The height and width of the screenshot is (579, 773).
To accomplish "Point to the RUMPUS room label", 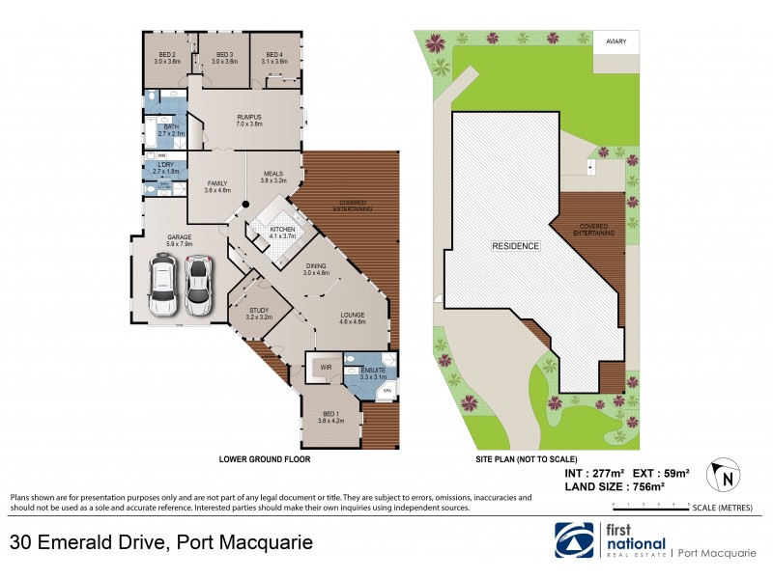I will pyautogui.click(x=249, y=119).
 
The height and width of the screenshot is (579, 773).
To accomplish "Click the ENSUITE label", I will pyautogui.click(x=373, y=369).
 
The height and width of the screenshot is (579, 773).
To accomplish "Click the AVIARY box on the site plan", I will pyautogui.click(x=615, y=42).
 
